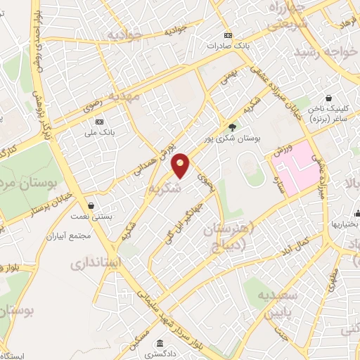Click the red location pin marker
click(181, 165)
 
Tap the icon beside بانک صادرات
click(227, 35)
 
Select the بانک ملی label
click(98, 131)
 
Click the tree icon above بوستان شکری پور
click(233, 127)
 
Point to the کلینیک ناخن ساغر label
click(335, 114)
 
